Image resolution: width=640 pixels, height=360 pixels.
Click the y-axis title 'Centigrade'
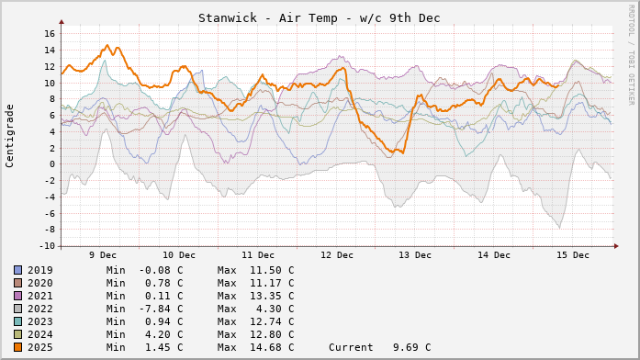(10, 135)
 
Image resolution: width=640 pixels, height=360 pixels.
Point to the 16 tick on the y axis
(50, 34)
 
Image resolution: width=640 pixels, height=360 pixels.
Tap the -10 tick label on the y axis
(46, 246)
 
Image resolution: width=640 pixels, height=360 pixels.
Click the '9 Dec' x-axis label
(102, 254)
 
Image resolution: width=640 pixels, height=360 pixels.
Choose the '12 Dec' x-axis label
(338, 254)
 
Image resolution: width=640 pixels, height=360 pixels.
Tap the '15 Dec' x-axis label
(573, 254)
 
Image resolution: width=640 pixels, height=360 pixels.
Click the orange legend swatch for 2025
(17, 347)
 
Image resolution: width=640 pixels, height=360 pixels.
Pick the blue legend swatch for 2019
(17, 270)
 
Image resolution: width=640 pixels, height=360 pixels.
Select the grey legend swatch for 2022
(17, 309)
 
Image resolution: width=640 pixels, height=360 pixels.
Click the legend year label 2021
(40, 296)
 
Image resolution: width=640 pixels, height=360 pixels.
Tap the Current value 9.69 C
(379, 347)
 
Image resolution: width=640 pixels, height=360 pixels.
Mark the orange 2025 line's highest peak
(107, 45)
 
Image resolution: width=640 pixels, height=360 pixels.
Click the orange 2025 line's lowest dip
(402, 152)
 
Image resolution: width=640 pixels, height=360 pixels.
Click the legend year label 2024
(40, 334)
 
